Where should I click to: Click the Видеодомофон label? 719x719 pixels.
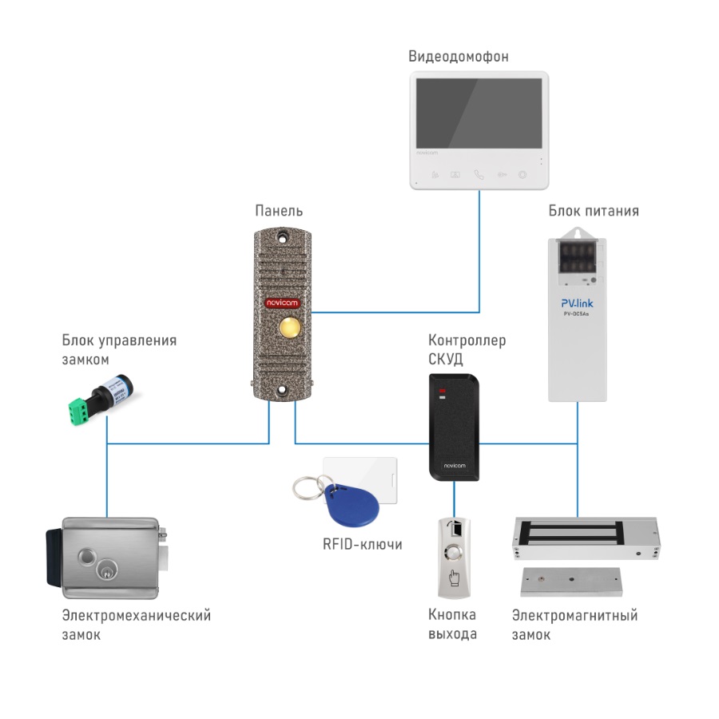pyautogui.click(x=458, y=57)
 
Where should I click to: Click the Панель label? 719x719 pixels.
pyautogui.click(x=279, y=211)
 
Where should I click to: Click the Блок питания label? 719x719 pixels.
pyautogui.click(x=594, y=211)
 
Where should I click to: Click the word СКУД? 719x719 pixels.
pyautogui.click(x=446, y=359)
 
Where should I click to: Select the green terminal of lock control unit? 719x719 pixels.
pyautogui.click(x=78, y=409)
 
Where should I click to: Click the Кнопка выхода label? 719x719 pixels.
pyautogui.click(x=453, y=624)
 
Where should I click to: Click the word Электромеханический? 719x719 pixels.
pyautogui.click(x=136, y=615)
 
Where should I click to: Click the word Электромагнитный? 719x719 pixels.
pyautogui.click(x=574, y=615)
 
